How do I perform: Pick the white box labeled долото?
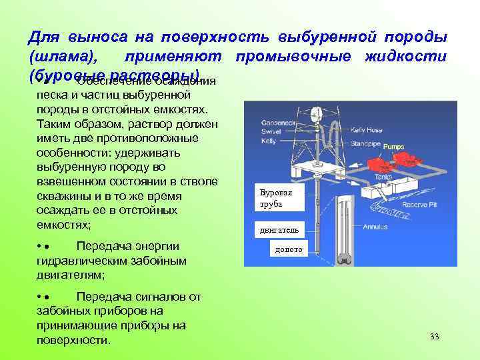(x=289, y=250)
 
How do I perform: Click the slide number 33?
(x=435, y=336)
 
